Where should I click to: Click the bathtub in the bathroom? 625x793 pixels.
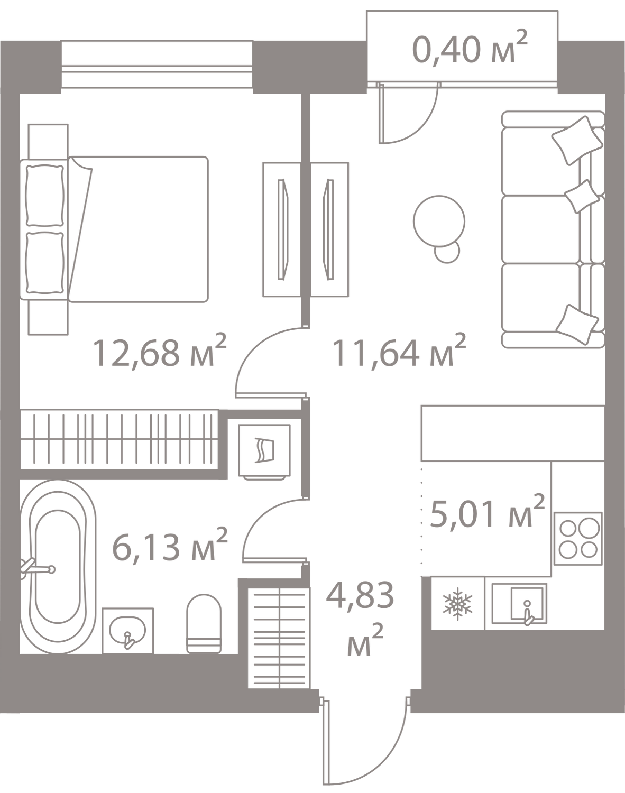pos(59,566)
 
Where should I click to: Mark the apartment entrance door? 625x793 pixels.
pos(365,740)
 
